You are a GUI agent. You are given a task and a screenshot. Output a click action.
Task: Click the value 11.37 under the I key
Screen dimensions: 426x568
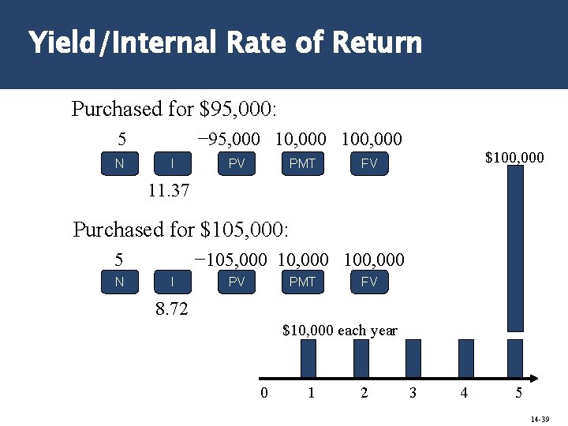169,191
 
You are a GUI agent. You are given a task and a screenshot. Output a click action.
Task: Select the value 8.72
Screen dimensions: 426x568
172,309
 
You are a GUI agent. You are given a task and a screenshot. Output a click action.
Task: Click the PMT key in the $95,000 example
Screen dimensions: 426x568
302,164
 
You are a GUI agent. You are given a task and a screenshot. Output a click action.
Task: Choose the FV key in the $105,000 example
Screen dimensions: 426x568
368,282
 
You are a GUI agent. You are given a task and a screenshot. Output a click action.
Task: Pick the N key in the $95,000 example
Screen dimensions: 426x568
119,164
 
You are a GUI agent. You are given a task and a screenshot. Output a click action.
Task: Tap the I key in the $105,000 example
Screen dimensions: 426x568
172,282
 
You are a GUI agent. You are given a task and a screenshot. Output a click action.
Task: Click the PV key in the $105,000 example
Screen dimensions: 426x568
237,282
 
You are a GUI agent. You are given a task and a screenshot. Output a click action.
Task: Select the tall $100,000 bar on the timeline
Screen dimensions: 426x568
515,248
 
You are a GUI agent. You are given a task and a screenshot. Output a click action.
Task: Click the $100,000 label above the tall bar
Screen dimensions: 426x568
514,159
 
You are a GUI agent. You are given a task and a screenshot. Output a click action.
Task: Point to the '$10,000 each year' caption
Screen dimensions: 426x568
340,331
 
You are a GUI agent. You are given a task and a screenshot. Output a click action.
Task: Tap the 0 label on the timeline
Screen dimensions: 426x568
264,393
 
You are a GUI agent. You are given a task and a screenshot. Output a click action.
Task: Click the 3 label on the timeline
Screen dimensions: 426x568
413,393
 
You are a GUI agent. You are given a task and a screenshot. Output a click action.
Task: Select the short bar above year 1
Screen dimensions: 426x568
308,358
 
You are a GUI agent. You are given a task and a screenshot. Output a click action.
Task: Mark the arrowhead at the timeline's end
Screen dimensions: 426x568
532,377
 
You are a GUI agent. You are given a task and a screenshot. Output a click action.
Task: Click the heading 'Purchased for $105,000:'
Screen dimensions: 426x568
181,230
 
